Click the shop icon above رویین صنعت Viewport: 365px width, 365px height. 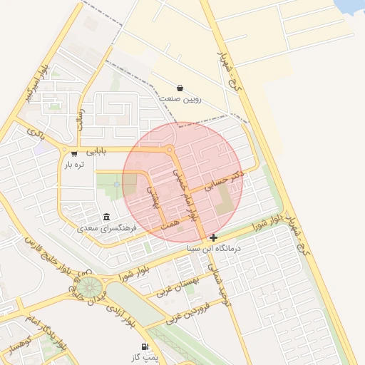tap(180, 88)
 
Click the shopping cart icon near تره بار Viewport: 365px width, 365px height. tap(74, 153)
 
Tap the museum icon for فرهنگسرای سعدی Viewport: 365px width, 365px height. tap(107, 217)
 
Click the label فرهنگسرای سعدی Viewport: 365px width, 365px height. tap(107, 229)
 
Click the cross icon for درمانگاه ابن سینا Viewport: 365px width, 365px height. tap(214, 237)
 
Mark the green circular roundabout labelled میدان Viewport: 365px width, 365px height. tap(88, 287)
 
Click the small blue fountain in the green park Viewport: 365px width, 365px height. tap(115, 185)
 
